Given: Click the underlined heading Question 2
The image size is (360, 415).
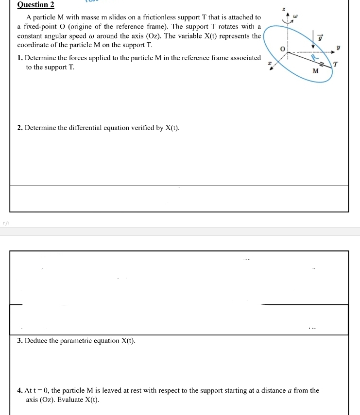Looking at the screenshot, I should coord(35,5).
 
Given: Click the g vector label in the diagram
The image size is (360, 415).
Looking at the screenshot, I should coord(320,38).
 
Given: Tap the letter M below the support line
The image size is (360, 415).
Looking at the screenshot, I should coord(315,71).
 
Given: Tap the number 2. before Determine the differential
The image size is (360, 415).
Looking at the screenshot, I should coord(19,128).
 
